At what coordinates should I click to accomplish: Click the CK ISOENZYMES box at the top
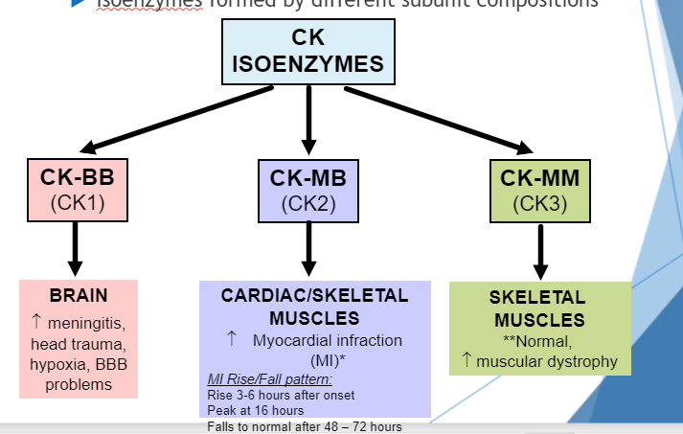(x=307, y=53)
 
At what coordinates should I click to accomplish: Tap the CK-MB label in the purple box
(x=307, y=178)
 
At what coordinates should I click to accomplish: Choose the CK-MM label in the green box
(x=540, y=178)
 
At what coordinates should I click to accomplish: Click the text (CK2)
(x=307, y=204)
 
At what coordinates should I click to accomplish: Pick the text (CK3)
(x=540, y=204)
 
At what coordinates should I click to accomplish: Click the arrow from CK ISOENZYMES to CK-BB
(x=177, y=119)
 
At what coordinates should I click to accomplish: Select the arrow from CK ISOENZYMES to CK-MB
(x=308, y=120)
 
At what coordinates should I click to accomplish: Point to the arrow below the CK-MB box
(x=308, y=250)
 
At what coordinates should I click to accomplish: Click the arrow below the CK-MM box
(x=540, y=252)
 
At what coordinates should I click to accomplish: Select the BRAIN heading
(x=79, y=295)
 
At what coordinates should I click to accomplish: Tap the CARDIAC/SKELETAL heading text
(x=314, y=296)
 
